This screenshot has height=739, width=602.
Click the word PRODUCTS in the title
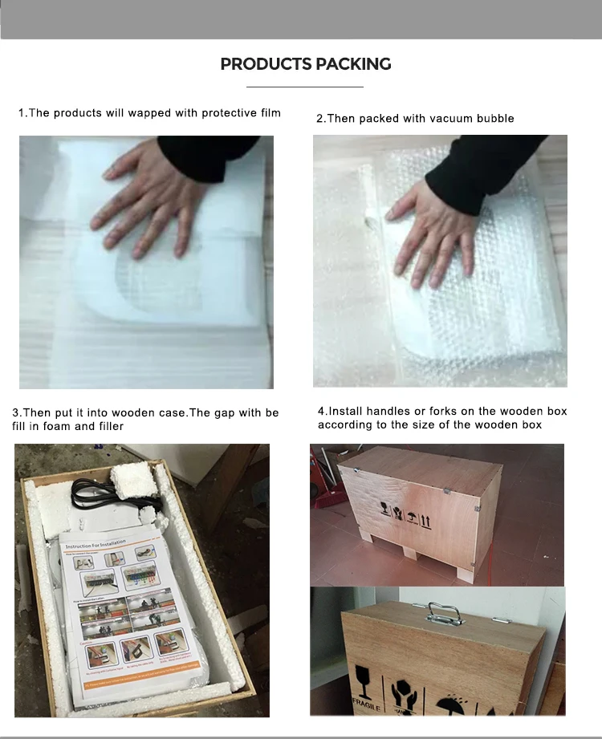pos(263,64)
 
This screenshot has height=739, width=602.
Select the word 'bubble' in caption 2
pos(494,119)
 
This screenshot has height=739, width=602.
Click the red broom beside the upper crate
pos(325,481)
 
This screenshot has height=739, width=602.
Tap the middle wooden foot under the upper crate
pos(410,553)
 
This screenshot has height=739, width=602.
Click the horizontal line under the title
pos(305,86)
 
